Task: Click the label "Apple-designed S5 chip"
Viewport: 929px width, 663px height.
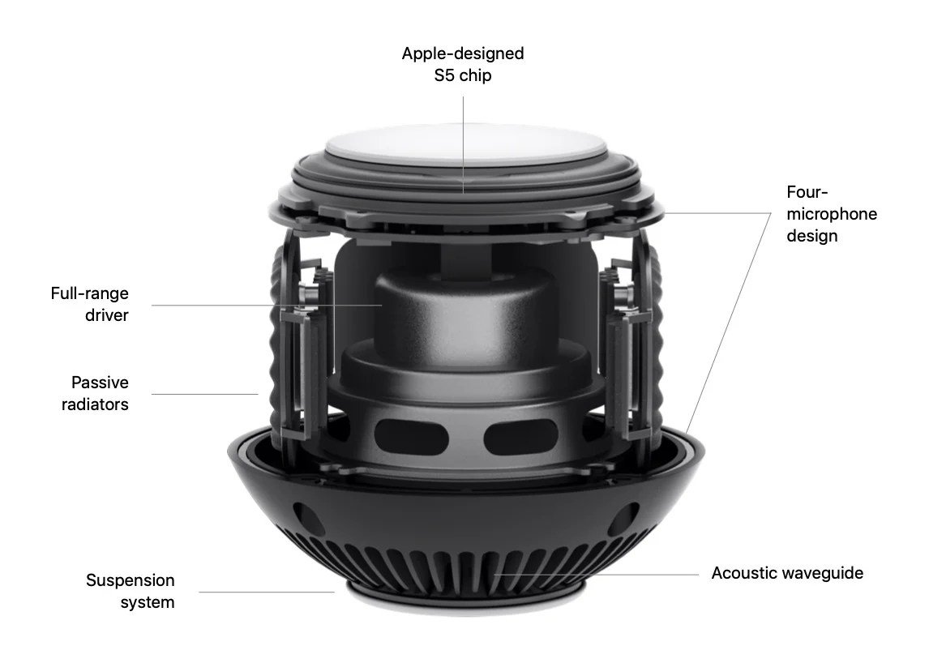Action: pos(463,64)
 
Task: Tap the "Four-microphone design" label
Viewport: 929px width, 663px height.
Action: pos(831,214)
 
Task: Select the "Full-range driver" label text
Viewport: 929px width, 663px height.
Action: pos(89,304)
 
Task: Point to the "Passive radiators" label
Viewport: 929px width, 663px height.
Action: pos(95,393)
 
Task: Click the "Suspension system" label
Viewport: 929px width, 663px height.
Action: pos(131,591)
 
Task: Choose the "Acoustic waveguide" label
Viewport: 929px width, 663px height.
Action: pos(787,573)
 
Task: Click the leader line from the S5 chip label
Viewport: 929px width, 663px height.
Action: pos(464,145)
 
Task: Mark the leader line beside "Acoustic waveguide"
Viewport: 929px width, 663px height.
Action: pos(597,574)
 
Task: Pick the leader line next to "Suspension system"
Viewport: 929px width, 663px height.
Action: pos(267,592)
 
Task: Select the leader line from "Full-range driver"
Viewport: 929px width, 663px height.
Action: pos(267,305)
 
